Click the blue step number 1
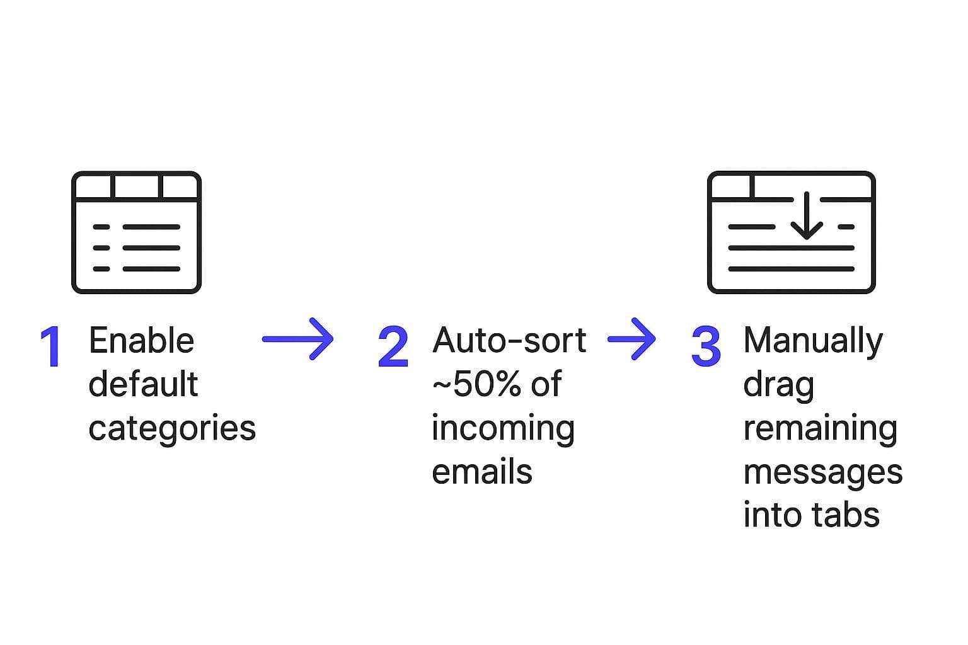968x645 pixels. pos(51,347)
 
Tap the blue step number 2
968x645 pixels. pos(393,347)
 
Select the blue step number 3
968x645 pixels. pos(706,347)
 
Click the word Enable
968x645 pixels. pos(141,341)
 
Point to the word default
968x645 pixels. pos(143,384)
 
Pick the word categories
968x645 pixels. pos(172,429)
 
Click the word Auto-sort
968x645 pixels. pos(509,341)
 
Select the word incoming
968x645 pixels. pos(503,429)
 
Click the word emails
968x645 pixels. pos(482,472)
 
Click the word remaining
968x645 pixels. pos(820,429)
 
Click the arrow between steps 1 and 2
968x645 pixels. pos(297,340)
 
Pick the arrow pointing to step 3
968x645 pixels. pos(631,340)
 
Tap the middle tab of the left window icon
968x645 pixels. pos(136,186)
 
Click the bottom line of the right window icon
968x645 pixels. pos(791,269)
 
